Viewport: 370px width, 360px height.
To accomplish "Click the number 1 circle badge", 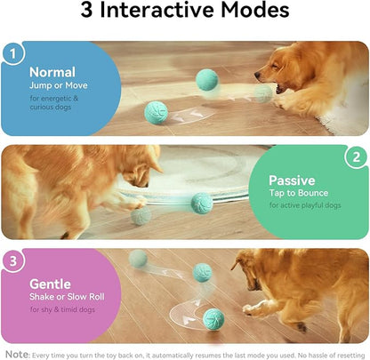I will click(12, 55).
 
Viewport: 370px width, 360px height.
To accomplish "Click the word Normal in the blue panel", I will click(52, 73).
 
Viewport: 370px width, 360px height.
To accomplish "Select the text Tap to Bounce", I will click(299, 193).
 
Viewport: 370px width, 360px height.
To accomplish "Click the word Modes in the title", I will click(250, 12).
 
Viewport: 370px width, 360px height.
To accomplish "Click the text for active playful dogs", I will click(304, 206).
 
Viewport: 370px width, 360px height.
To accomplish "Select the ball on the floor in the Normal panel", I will click(157, 112).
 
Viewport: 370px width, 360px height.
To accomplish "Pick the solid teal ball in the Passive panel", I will click(201, 203).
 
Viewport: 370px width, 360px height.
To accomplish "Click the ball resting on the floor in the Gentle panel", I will click(213, 318).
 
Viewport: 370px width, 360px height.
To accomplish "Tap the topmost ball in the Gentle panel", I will click(138, 259).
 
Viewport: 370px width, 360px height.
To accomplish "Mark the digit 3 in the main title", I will click(89, 12).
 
